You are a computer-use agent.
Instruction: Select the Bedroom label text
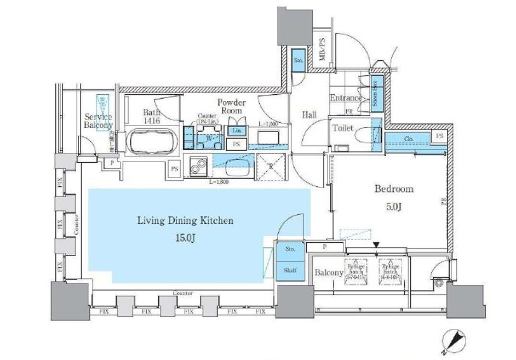click(393, 189)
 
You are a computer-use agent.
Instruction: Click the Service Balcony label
click(98, 121)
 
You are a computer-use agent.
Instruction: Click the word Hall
click(309, 115)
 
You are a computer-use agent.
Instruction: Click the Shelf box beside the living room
click(290, 270)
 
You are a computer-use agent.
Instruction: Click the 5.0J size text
click(393, 207)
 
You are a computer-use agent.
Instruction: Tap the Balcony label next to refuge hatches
click(329, 272)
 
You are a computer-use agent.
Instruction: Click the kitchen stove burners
click(197, 165)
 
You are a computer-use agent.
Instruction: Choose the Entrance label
click(346, 98)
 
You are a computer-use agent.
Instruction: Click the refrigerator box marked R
click(270, 165)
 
